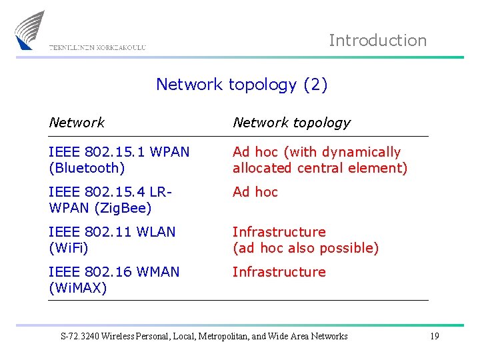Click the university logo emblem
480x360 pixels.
(31, 29)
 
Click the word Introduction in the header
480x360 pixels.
(377, 40)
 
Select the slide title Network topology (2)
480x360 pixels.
(241, 85)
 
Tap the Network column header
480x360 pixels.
(77, 123)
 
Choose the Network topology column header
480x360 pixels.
(291, 123)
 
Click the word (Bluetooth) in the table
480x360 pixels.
(87, 168)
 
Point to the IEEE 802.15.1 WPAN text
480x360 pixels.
(119, 152)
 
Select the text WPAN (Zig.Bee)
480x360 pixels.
(100, 208)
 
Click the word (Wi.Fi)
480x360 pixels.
(69, 248)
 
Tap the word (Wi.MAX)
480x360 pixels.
(78, 288)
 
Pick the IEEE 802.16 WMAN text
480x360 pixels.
(114, 272)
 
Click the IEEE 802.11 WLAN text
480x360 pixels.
(112, 232)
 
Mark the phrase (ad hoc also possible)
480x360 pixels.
(305, 248)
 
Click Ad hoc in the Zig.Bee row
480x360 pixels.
(255, 192)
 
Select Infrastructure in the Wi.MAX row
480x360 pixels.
(279, 272)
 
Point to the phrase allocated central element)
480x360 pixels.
(319, 168)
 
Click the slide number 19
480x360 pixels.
(434, 336)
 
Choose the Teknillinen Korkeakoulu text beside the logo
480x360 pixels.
(97, 47)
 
